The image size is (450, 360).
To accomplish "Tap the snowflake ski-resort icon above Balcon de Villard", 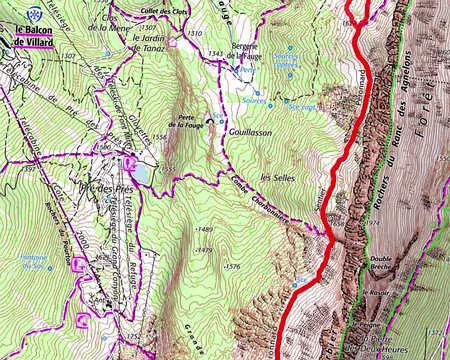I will pyautogui.click(x=37, y=13).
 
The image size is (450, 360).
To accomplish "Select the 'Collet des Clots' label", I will pyautogui.click(x=165, y=10).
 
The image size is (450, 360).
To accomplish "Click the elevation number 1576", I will pyautogui.click(x=232, y=266).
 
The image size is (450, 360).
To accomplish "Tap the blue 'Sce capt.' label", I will pyautogui.click(x=304, y=102).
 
